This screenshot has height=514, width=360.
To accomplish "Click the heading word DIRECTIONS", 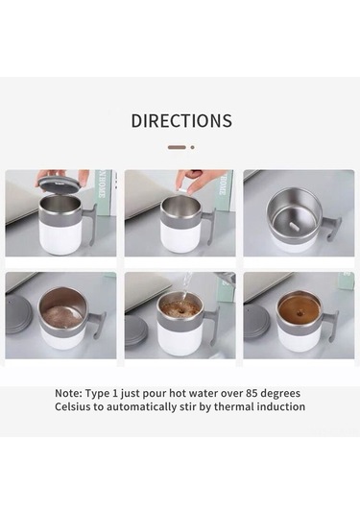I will [x=181, y=121].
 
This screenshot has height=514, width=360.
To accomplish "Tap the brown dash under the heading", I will [x=176, y=147].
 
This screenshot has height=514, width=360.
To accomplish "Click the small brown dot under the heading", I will [x=192, y=147].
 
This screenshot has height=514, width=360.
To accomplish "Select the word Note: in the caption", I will [x=73, y=393].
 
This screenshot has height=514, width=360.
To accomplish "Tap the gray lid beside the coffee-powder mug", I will [x=18, y=314].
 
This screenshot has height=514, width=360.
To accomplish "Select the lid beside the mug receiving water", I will [x=137, y=330].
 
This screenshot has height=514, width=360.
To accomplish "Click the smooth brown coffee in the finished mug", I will [x=298, y=308].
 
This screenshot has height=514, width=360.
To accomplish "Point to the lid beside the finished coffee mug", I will [x=256, y=322].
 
